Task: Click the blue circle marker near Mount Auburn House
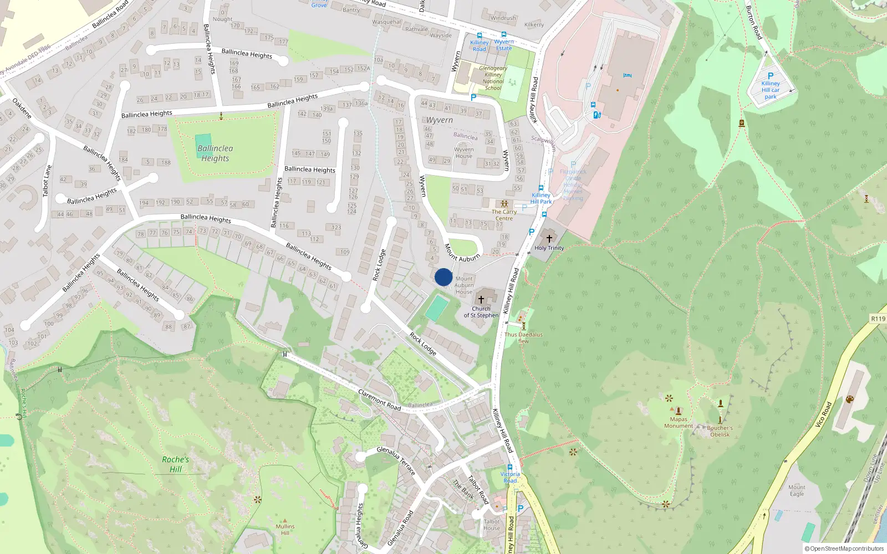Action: [443, 277]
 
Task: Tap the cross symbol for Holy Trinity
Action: [549, 239]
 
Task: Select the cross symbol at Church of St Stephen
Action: [481, 300]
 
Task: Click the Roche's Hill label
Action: [176, 464]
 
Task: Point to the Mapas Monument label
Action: [679, 423]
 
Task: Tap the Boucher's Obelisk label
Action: [720, 431]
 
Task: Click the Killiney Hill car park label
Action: [770, 90]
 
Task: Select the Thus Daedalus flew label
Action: [523, 338]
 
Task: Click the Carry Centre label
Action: [504, 215]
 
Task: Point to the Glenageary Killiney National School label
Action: [493, 78]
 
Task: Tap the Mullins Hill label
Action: [285, 530]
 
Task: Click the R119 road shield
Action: [878, 319]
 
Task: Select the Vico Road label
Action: [823, 414]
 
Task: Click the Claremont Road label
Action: [379, 399]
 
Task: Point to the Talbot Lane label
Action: [47, 181]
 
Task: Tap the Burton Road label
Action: [754, 23]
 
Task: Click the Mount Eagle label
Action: [797, 490]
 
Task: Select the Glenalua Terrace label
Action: [396, 460]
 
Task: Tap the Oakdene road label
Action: [22, 108]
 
